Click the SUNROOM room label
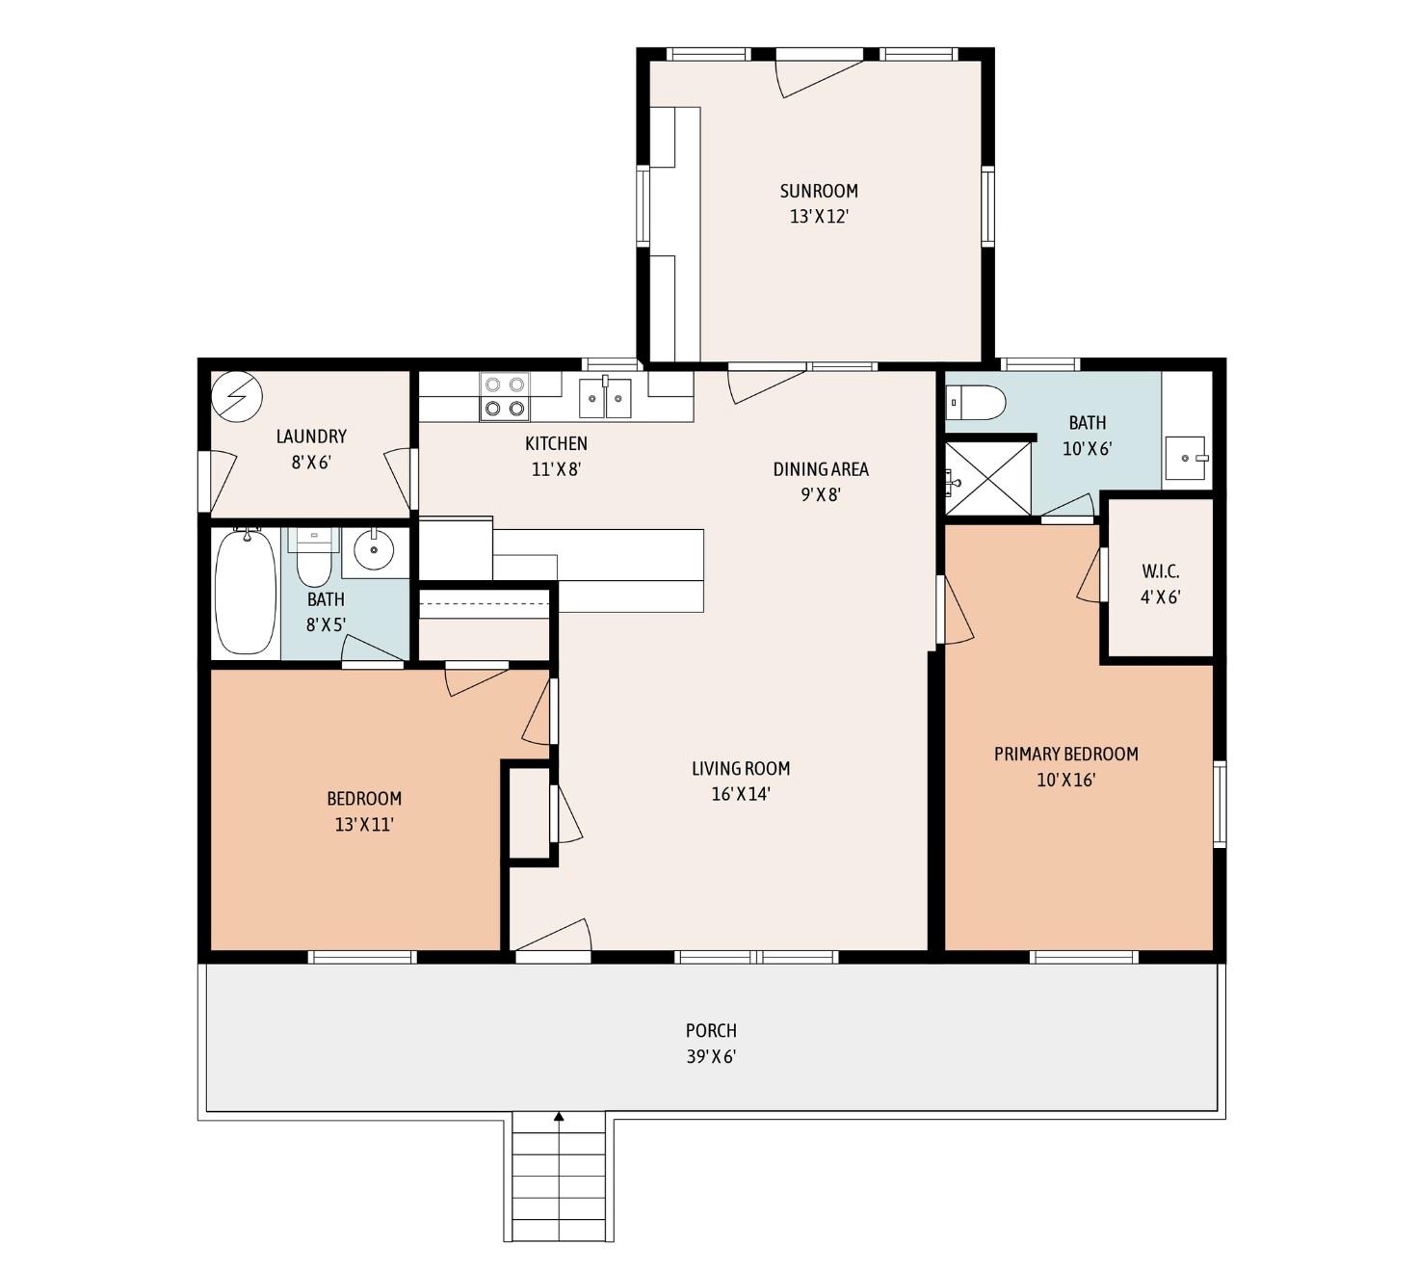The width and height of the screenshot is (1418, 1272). click(819, 191)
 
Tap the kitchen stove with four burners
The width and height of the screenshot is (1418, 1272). click(505, 396)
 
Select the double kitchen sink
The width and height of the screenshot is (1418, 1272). click(605, 398)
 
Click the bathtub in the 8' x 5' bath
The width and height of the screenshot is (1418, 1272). click(245, 592)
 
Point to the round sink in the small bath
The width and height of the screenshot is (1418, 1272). click(374, 550)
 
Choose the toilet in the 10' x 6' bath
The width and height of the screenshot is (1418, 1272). click(976, 402)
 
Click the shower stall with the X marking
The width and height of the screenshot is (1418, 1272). click(988, 478)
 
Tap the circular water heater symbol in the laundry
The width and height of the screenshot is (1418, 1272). click(237, 396)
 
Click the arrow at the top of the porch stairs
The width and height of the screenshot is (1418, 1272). click(559, 1118)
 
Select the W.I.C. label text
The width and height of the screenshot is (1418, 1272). click(1161, 571)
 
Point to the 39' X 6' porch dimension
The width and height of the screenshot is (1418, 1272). click(711, 1056)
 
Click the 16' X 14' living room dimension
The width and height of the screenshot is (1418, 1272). click(741, 794)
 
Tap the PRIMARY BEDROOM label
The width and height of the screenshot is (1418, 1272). click(1066, 754)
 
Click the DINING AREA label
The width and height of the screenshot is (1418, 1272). click(821, 469)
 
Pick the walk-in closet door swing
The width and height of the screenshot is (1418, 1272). click(1090, 578)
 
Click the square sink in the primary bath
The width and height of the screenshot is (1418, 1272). click(1185, 458)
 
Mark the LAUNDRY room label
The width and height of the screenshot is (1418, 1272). click(311, 437)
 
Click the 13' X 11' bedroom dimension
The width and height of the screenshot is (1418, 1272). click(364, 824)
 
